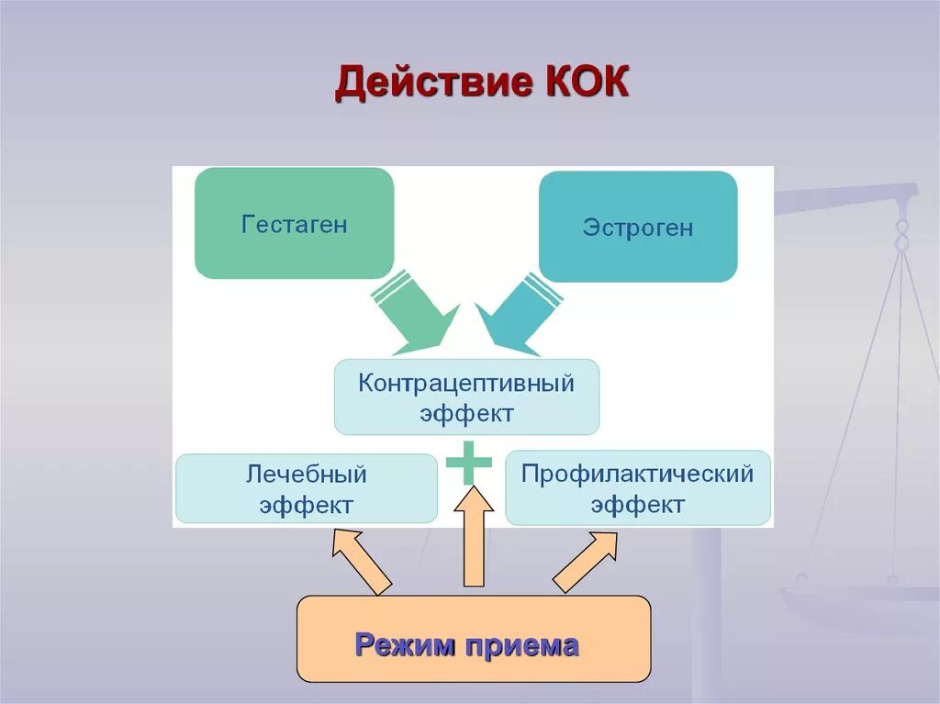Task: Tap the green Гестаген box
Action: [294, 223]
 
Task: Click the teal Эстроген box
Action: [637, 227]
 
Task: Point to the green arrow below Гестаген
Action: [413, 312]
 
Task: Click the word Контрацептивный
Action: [466, 382]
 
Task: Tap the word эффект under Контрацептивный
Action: [466, 413]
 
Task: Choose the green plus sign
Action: [469, 463]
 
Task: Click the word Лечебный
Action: [306, 475]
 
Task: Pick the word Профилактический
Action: [637, 474]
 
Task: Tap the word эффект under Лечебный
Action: [306, 506]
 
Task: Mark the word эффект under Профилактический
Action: [637, 505]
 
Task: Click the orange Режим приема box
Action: [473, 639]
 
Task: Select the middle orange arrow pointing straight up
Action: [474, 537]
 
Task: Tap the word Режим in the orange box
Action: [406, 645]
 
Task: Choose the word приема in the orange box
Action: [521, 645]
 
